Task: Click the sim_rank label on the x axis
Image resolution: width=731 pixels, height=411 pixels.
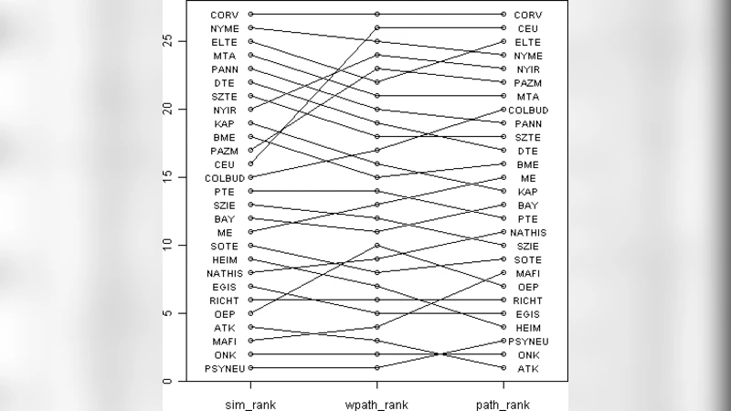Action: point(250,403)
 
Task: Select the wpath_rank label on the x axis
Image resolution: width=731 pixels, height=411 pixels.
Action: point(376,403)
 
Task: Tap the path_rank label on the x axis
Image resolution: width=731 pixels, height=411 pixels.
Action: point(503,403)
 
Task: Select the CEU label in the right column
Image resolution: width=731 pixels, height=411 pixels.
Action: point(527,28)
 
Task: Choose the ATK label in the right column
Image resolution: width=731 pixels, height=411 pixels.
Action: point(527,368)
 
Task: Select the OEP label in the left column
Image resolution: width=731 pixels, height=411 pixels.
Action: point(225,313)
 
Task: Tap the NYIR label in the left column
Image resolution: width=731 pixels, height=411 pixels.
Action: point(224,110)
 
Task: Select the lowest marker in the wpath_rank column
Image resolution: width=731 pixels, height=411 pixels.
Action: point(376,367)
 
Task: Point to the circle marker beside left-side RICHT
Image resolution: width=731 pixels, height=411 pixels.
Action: point(250,300)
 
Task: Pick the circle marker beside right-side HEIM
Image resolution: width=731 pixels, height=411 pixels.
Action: point(503,327)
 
